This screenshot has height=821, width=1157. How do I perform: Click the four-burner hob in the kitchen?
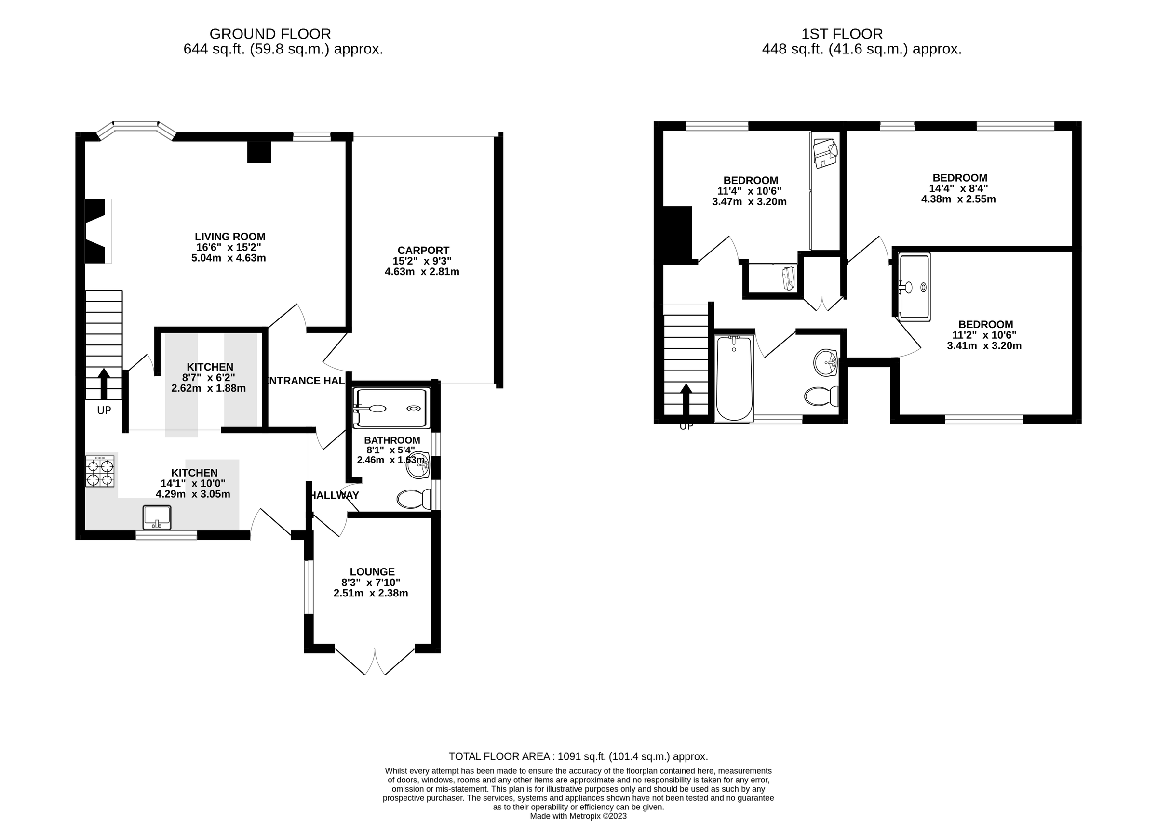[100, 471]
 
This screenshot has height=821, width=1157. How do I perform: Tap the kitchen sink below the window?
[157, 516]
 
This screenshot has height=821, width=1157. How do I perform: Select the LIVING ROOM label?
[230, 237]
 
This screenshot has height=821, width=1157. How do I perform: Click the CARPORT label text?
[423, 250]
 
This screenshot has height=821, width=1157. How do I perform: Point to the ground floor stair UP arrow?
[104, 384]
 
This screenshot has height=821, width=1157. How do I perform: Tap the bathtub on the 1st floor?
[734, 378]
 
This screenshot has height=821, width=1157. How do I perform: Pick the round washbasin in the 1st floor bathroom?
[826, 362]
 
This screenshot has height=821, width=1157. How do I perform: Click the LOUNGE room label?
[372, 572]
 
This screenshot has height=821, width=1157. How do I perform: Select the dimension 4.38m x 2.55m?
[958, 199]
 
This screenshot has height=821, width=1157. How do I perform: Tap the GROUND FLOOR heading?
[270, 34]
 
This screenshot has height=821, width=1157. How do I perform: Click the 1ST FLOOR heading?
[842, 34]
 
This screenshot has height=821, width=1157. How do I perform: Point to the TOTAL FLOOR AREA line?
[578, 756]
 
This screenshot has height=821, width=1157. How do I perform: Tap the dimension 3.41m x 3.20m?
[984, 346]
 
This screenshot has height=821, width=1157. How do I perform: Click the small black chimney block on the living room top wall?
[259, 152]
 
